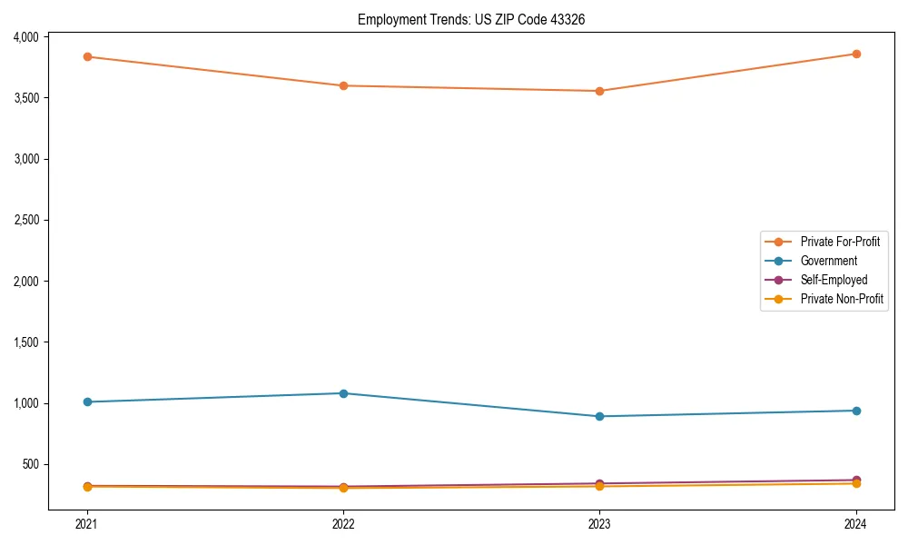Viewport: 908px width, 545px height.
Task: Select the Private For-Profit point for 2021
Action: tap(87, 56)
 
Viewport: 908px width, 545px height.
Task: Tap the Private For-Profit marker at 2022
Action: tap(343, 85)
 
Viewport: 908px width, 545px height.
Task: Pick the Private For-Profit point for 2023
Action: tap(599, 91)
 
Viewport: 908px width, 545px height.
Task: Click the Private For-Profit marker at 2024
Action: tap(855, 54)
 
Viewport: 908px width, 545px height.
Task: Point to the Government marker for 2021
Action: tap(87, 401)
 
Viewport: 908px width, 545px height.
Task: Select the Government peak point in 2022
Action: tap(343, 393)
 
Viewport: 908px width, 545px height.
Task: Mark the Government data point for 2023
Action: tap(599, 416)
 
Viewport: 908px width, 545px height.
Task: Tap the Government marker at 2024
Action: tap(855, 411)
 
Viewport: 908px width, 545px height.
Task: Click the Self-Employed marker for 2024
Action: tap(855, 480)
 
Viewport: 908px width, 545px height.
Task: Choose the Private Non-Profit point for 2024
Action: tap(855, 484)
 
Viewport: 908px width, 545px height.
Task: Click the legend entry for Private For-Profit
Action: tap(840, 242)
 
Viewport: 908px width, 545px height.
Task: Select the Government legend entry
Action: tap(828, 261)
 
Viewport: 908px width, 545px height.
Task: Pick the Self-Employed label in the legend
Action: tap(834, 280)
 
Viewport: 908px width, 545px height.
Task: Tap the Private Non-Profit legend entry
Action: tap(842, 299)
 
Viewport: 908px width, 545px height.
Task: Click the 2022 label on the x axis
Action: tap(343, 523)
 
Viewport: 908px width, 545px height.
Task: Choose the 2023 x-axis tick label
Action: tap(599, 523)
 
